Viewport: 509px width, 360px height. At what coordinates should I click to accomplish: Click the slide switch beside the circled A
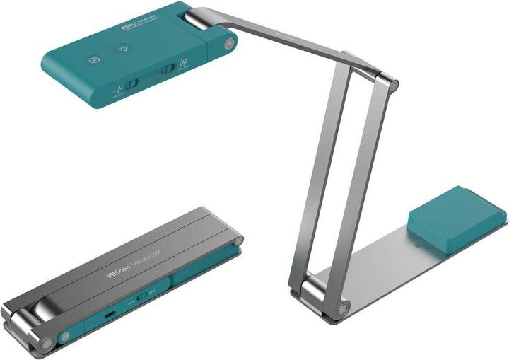click(168, 69)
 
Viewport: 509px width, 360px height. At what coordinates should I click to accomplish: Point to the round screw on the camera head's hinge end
click(228, 44)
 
